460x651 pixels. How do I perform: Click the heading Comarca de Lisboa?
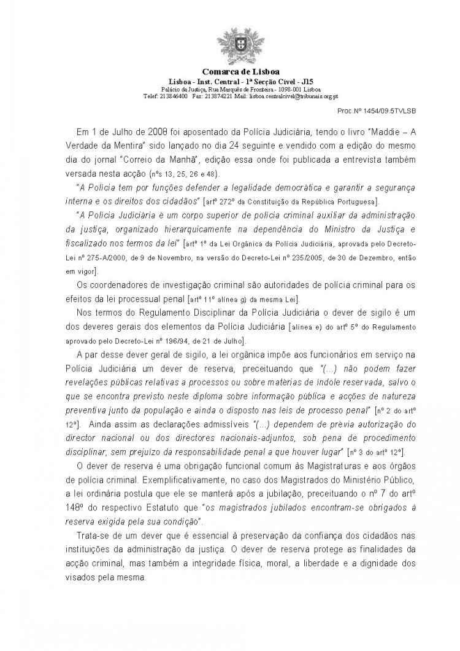[229, 72]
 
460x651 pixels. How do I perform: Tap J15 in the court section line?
[285, 82]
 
